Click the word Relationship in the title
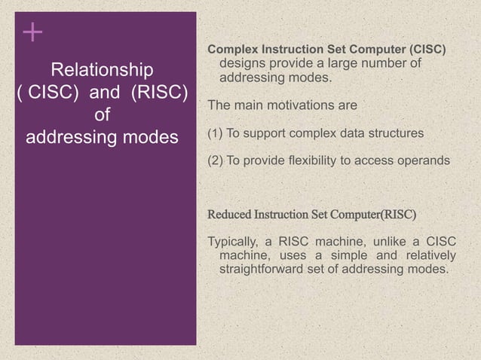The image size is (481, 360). (102, 71)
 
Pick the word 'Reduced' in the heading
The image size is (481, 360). (230, 214)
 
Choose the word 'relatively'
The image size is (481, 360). (428, 255)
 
